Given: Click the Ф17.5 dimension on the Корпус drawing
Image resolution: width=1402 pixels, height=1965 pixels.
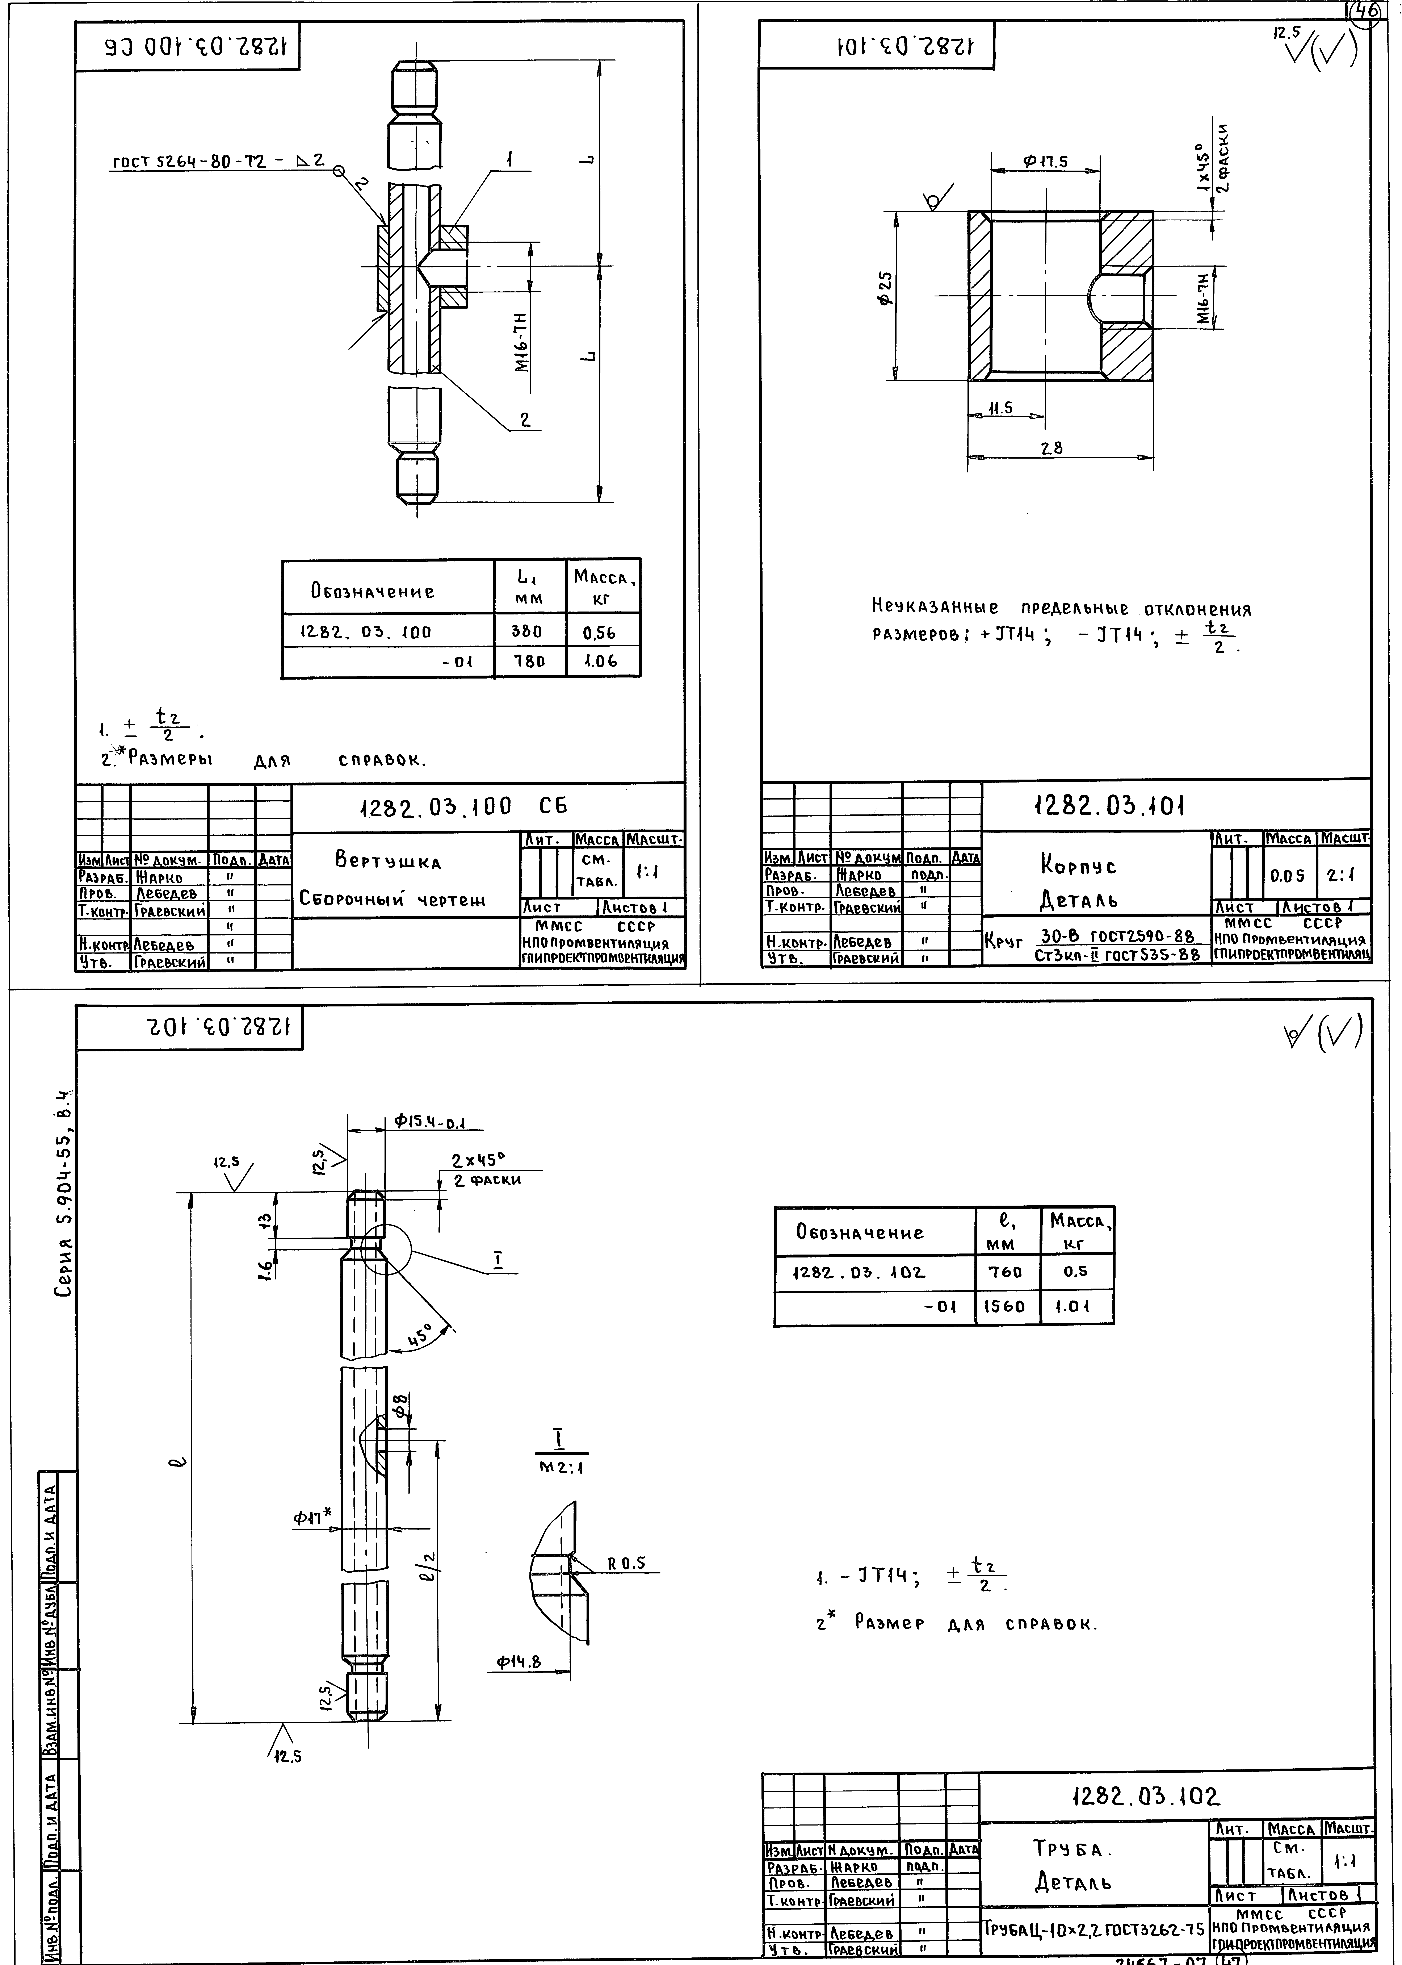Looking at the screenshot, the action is (1045, 162).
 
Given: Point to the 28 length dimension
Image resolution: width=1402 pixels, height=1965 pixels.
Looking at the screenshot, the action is (1051, 448).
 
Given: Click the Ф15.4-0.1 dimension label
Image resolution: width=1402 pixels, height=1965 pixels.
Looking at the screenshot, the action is (429, 1122).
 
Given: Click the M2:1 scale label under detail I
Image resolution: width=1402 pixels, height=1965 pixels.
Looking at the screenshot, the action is (561, 1466).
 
